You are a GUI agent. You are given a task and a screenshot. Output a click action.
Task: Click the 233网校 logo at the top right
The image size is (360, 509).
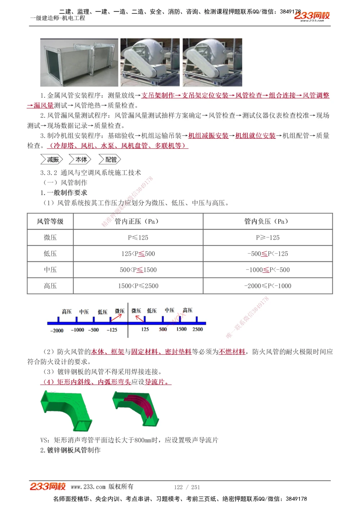coord(312,16)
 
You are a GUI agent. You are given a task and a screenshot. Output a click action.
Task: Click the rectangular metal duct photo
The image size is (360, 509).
coord(79,63)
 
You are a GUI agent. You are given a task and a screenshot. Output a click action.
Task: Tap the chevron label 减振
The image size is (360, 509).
coord(52,159)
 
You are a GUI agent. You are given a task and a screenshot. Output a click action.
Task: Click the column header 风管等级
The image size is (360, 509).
coord(50,221)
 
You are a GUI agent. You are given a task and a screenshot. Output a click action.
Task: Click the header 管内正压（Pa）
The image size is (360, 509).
coord(138,221)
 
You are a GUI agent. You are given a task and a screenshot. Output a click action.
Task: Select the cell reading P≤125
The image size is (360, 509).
coord(138,237)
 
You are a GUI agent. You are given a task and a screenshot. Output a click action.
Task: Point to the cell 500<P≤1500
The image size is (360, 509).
coord(138,270)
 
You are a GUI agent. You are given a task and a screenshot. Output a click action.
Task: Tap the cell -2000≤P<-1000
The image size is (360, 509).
coord(267,286)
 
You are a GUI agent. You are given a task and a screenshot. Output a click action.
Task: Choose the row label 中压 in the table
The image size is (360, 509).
coord(50,270)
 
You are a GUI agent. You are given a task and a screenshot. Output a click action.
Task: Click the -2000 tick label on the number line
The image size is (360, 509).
coord(57,331)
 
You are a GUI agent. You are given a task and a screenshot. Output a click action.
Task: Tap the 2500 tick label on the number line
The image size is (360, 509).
coord(197,329)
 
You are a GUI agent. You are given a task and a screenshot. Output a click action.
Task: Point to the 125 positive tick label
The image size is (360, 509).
coord(145,329)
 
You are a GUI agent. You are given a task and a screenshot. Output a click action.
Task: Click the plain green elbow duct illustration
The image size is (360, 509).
coord(67,410)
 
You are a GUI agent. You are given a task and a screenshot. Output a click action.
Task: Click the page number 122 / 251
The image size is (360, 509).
coord(187,487)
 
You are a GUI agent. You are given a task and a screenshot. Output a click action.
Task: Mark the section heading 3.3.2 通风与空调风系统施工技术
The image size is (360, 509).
coord(91,173)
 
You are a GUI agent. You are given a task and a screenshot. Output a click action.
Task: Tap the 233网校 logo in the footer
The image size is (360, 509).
coord(48,487)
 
